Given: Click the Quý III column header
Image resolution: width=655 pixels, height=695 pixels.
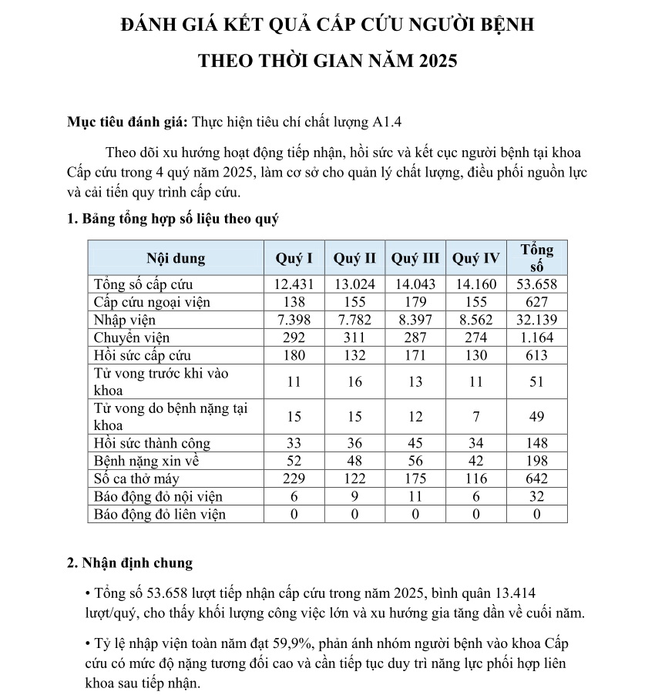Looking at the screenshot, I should coord(415,258).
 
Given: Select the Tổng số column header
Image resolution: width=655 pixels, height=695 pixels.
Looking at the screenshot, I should coord(536,258).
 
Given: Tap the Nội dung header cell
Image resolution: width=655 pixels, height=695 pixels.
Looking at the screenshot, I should coord(176,258).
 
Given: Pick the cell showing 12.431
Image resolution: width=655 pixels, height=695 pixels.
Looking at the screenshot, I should coord(294,284).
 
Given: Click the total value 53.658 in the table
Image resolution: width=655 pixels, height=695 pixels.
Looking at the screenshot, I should coord(536,284).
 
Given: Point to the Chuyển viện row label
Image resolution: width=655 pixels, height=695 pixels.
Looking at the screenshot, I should coord(132,337).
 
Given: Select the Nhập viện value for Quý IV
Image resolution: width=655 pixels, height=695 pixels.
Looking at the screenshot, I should coord(476,320).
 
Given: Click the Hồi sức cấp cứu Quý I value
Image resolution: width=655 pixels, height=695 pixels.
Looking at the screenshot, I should coord(294,355).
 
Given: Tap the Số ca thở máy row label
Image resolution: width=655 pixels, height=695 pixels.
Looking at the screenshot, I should coord(136,478).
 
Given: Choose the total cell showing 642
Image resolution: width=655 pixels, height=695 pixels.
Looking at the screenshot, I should coord(536,478).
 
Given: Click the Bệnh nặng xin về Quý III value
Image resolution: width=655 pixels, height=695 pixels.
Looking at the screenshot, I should coord(415,461).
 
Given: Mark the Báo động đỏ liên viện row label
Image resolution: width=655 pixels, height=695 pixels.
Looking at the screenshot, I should coord(160,514).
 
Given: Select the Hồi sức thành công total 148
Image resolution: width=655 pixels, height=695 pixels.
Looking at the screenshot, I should coord(536,443).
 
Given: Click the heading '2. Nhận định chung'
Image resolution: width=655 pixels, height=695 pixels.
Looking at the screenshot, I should coord(129,562).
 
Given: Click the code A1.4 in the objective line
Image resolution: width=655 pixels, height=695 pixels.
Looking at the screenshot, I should coord(387,121).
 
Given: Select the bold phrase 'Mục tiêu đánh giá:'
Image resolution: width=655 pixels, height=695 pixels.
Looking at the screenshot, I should coord(128,121).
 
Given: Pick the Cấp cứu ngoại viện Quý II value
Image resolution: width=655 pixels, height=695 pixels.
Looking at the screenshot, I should coord(354,302).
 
